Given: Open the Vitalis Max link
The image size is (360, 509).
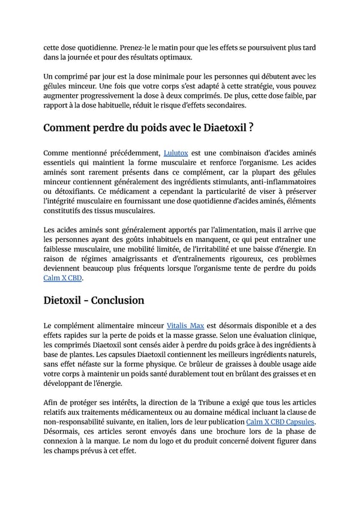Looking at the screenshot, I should [x=185, y=325].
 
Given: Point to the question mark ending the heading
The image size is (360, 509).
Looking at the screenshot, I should [x=251, y=127].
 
